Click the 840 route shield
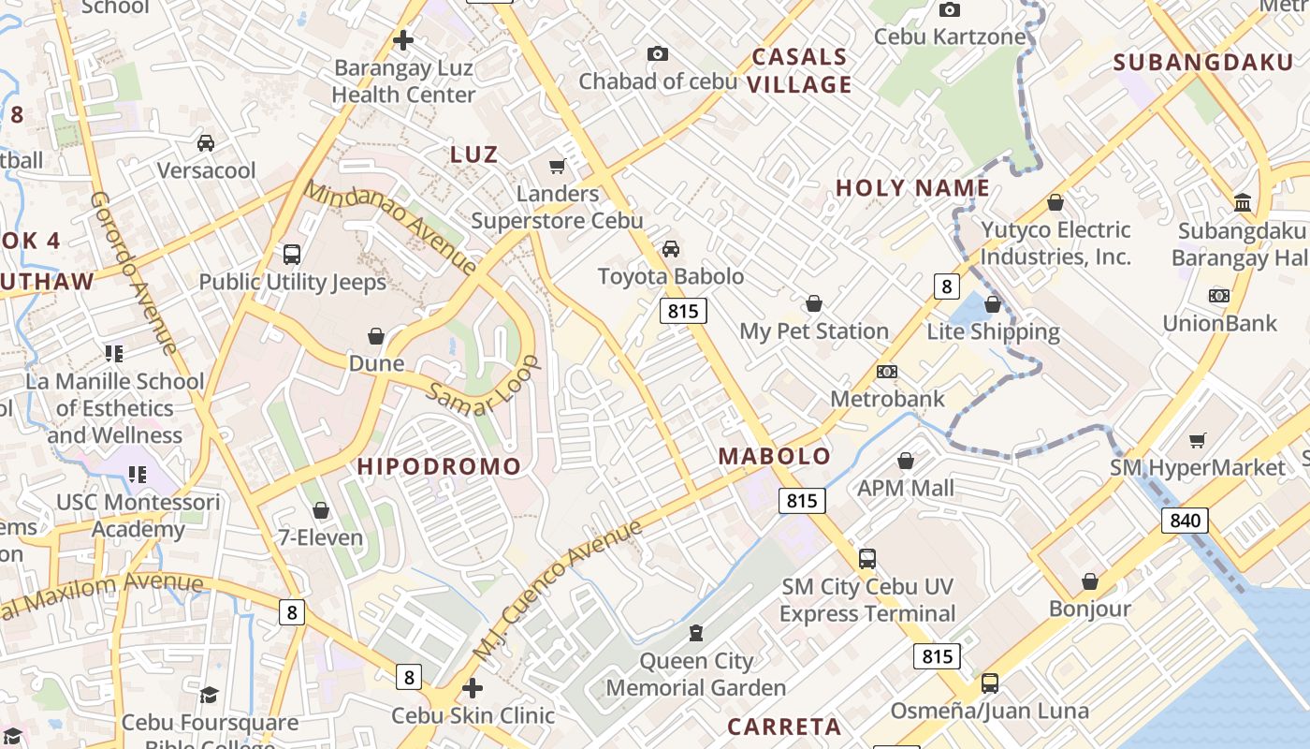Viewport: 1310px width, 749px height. click(x=1185, y=521)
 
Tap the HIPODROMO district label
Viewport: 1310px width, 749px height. click(x=439, y=466)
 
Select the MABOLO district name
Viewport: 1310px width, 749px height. click(x=774, y=457)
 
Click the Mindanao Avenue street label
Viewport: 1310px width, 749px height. click(x=391, y=228)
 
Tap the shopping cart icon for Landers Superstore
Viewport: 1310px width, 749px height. click(x=558, y=167)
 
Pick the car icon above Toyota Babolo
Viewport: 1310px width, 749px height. click(x=671, y=249)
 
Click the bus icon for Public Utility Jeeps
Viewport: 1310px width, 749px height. click(x=292, y=254)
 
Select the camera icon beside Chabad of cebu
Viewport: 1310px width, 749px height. click(x=658, y=54)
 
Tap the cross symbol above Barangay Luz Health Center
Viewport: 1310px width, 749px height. click(x=403, y=40)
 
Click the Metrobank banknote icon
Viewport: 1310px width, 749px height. click(x=887, y=372)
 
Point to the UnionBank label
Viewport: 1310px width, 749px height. click(x=1219, y=324)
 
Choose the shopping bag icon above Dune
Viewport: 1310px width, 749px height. click(x=376, y=336)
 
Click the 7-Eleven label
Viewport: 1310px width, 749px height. click(x=320, y=537)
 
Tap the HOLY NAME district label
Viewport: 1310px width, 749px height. click(x=912, y=188)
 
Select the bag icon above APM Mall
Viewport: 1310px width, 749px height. click(x=906, y=461)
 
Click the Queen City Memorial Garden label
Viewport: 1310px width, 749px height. click(x=696, y=674)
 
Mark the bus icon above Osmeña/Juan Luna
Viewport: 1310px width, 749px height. click(x=990, y=683)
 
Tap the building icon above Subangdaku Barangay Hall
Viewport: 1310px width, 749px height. click(x=1243, y=202)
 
